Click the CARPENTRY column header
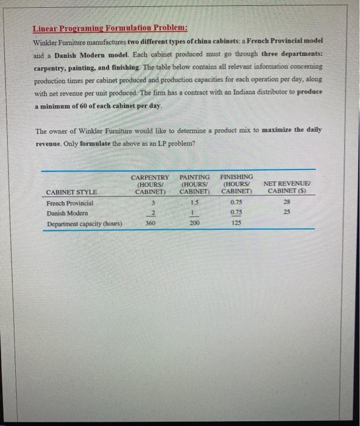(x=150, y=184)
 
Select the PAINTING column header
(x=195, y=184)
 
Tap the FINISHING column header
(x=238, y=184)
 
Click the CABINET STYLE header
(x=72, y=193)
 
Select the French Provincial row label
(x=70, y=203)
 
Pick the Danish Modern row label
(x=67, y=214)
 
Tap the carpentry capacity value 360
(x=150, y=224)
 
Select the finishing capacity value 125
(x=238, y=224)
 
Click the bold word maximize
(x=280, y=130)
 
